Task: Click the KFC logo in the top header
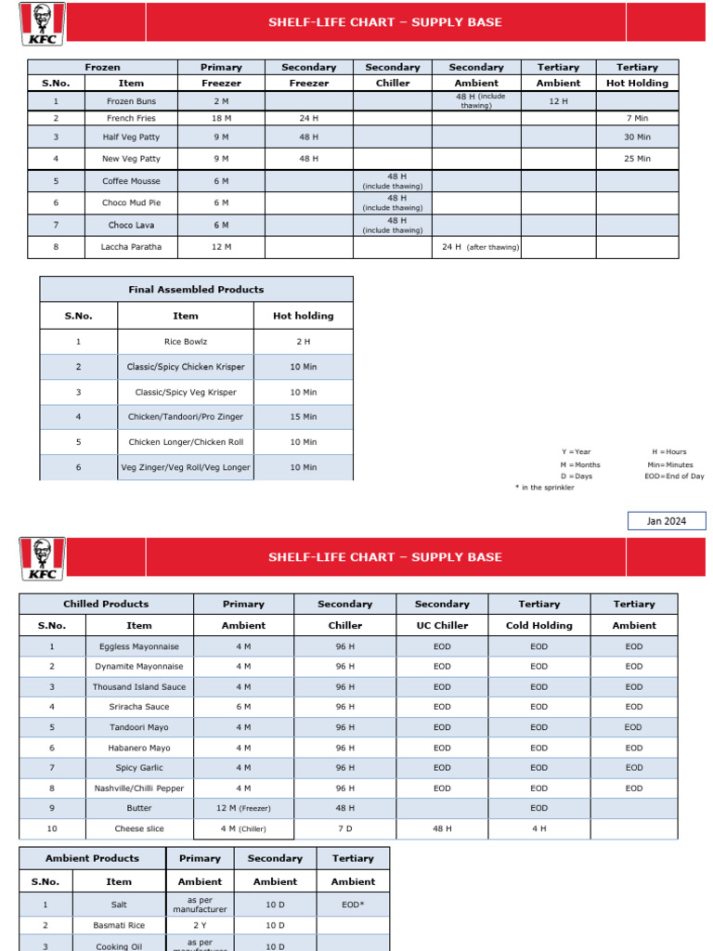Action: click(41, 22)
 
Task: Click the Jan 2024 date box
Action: click(666, 521)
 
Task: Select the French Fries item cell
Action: click(131, 118)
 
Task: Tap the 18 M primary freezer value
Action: click(221, 118)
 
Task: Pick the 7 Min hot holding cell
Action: click(636, 118)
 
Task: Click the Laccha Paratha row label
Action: click(131, 247)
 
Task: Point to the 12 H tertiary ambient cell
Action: click(558, 101)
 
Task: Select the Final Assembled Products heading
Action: click(196, 290)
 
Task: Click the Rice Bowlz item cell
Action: click(186, 342)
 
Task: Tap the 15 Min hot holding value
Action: click(303, 417)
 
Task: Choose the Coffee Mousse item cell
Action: click(131, 181)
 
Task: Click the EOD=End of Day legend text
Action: click(674, 476)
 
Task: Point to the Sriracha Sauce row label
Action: click(139, 707)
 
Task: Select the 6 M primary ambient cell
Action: click(243, 707)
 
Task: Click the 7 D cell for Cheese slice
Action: click(345, 828)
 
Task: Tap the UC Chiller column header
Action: click(442, 625)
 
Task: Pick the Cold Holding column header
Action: click(539, 625)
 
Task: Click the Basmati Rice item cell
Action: click(119, 925)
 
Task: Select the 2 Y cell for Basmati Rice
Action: click(200, 925)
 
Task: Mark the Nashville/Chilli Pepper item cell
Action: click(139, 788)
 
